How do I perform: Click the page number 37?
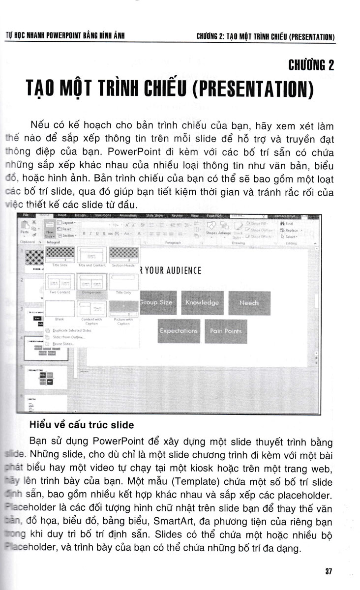tap(329, 571)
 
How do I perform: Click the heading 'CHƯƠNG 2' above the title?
tap(310, 64)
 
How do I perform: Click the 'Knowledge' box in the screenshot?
tap(202, 303)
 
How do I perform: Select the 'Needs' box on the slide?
tap(249, 303)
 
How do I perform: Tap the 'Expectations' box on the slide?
tap(179, 331)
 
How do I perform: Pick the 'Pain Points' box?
tap(226, 331)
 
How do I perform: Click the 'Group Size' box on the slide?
tap(156, 303)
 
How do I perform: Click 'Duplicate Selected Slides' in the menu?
tap(72, 330)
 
